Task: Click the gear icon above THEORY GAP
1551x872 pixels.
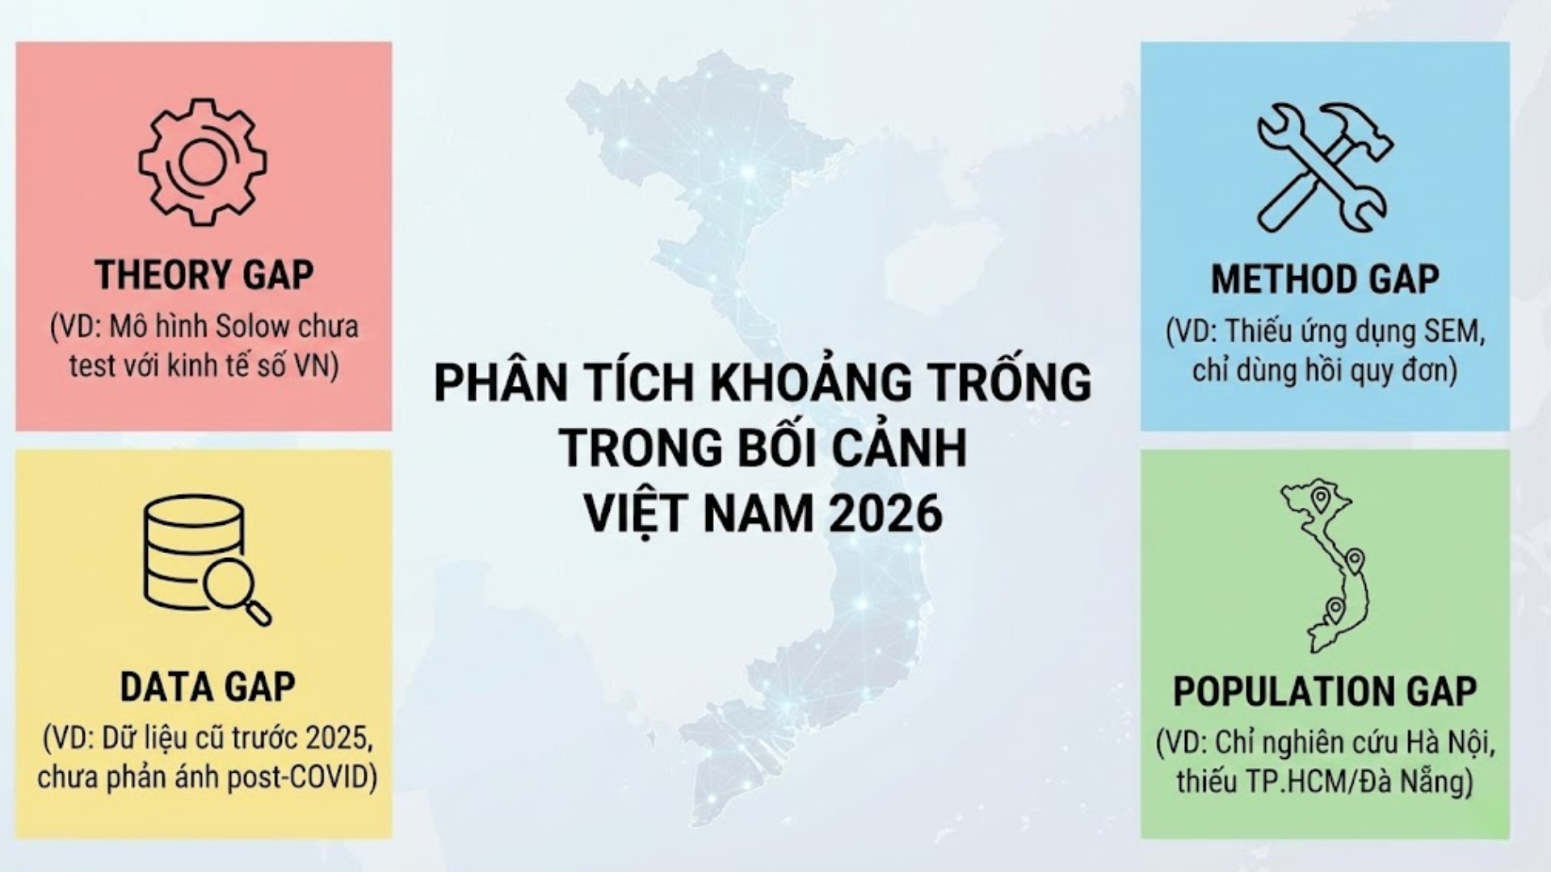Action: pyautogui.click(x=202, y=162)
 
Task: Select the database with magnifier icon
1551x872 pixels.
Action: pyautogui.click(x=208, y=560)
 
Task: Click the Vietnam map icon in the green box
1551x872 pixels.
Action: pyautogui.click(x=1325, y=565)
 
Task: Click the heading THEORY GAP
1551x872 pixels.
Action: pyautogui.click(x=204, y=275)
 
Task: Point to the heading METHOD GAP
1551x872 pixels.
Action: pyautogui.click(x=1325, y=279)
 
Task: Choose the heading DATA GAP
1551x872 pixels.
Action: pyautogui.click(x=208, y=687)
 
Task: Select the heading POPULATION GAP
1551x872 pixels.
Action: pyautogui.click(x=1325, y=692)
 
